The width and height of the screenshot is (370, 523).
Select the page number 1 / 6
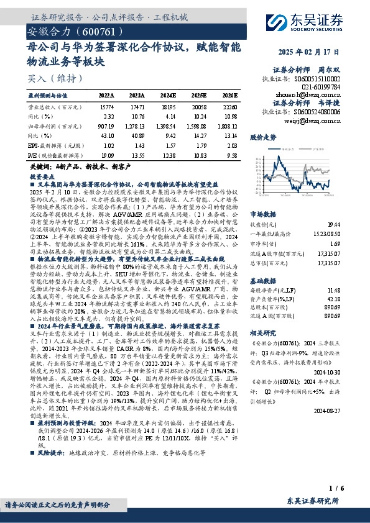(336, 489)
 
